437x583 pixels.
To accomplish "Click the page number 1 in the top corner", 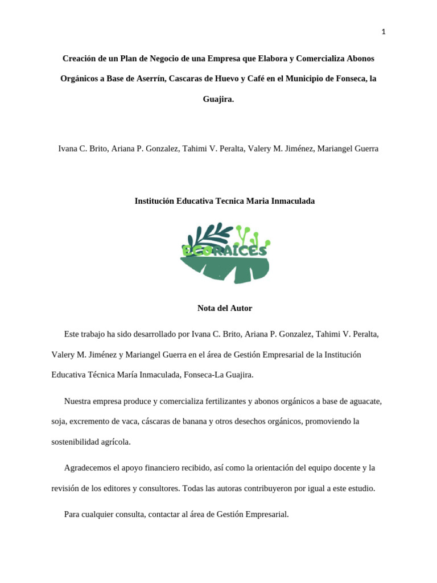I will click(x=384, y=32).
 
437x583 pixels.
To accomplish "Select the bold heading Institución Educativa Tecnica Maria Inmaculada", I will click(x=224, y=201).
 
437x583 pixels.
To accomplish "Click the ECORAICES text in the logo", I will click(x=224, y=250).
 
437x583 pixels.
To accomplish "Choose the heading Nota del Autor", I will click(x=224, y=308).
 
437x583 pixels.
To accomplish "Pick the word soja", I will click(x=59, y=421).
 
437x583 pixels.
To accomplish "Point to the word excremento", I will click(x=88, y=421).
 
